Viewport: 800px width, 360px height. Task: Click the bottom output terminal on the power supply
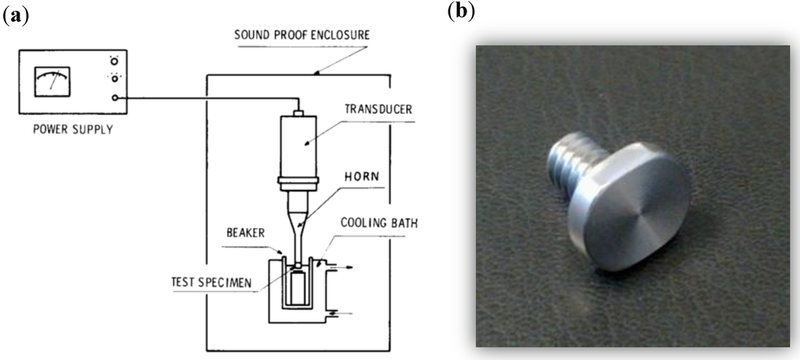point(116,98)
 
